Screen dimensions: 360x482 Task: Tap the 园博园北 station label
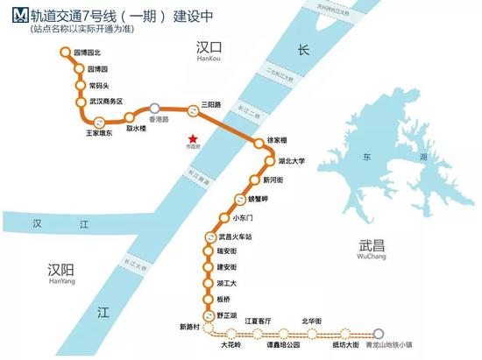[x=89, y=53]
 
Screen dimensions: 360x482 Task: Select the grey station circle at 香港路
[x=154, y=109]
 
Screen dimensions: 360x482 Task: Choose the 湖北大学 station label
[x=295, y=161]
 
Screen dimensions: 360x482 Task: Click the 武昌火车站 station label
[x=235, y=237]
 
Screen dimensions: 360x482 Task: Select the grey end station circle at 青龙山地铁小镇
[x=378, y=333]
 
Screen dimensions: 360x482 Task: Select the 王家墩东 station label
[x=101, y=133]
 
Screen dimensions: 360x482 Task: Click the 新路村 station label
[x=189, y=327]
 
